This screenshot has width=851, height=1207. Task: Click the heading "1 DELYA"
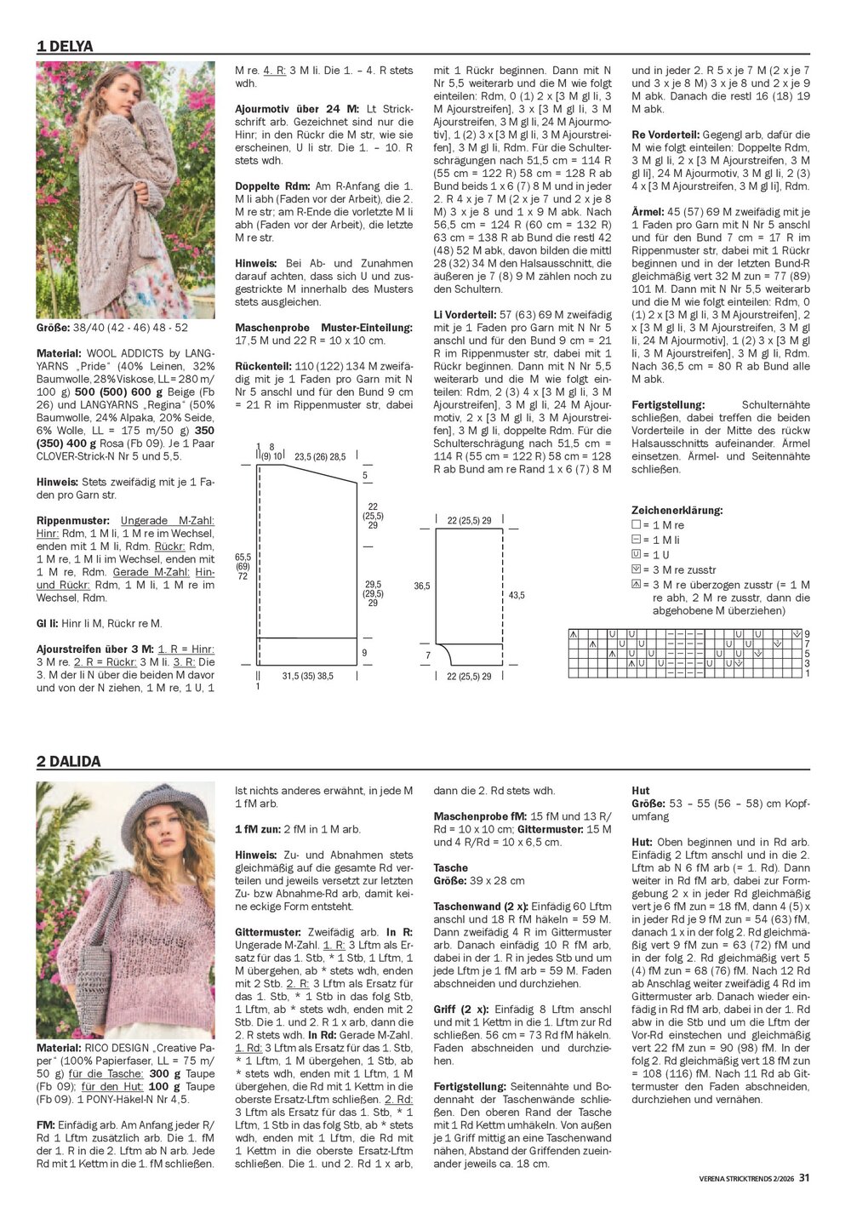(65, 47)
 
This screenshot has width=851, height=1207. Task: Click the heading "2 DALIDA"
(68, 762)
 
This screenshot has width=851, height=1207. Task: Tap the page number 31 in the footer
(804, 1178)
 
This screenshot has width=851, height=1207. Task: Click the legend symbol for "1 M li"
(636, 541)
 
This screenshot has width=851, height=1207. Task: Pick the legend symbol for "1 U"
(636, 555)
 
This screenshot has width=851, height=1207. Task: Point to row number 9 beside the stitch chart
(807, 634)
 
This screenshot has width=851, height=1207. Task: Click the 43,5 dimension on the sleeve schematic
(517, 596)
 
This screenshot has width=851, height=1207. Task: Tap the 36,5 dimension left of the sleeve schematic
(422, 586)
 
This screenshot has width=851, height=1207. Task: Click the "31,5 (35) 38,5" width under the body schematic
(307, 677)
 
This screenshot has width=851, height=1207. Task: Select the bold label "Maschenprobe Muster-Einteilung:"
(323, 327)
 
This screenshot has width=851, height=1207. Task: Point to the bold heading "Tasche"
(450, 868)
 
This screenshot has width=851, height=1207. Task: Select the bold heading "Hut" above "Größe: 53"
(641, 791)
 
